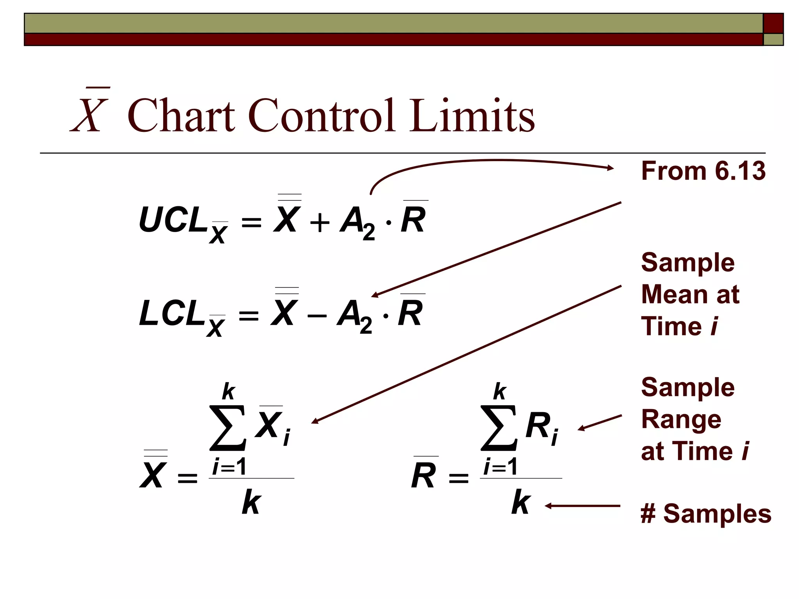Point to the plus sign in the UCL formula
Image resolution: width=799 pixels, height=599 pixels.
[x=320, y=223]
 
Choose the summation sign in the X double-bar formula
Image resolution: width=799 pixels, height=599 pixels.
[x=228, y=428]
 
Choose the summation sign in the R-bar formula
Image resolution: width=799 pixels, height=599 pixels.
[x=499, y=428]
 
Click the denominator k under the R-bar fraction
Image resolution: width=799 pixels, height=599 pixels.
[x=521, y=503]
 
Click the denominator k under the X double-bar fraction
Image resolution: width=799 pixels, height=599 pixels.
[x=251, y=503]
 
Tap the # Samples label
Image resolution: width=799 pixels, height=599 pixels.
[x=706, y=514]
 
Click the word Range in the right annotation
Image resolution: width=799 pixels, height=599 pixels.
[x=681, y=420]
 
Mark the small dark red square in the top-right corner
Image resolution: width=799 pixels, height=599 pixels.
[x=773, y=23]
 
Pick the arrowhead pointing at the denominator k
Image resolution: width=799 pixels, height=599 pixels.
[x=548, y=506]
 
